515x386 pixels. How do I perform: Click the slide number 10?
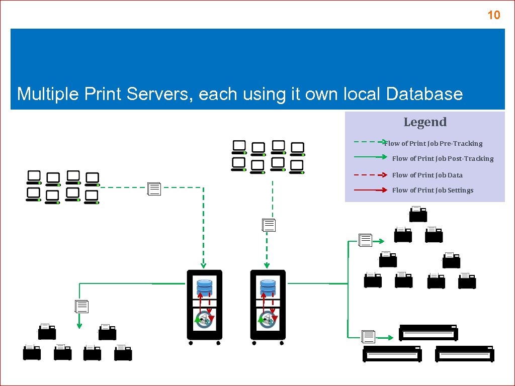pos(494,16)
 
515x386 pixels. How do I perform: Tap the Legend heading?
pos(425,122)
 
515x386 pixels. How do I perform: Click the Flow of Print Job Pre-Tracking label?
pos(434,143)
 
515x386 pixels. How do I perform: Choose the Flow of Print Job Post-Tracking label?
pos(443,158)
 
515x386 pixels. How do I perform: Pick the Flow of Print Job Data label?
pos(427,175)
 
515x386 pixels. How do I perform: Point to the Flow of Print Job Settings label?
pos(433,190)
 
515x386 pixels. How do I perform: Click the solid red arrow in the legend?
pos(370,190)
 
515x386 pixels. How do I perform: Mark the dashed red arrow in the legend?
pos(370,175)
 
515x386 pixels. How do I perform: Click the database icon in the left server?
pos(205,287)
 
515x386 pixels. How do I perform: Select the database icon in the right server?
pos(268,287)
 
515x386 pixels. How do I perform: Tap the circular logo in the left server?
pos(205,319)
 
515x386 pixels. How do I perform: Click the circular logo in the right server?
pos(268,319)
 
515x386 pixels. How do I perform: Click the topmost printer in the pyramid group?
pos(417,215)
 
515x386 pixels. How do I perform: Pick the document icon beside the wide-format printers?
pos(368,337)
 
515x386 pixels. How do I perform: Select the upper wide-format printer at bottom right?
pos(428,333)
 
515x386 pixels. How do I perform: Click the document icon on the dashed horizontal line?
pos(154,188)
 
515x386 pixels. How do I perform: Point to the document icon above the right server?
pos(269,225)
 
